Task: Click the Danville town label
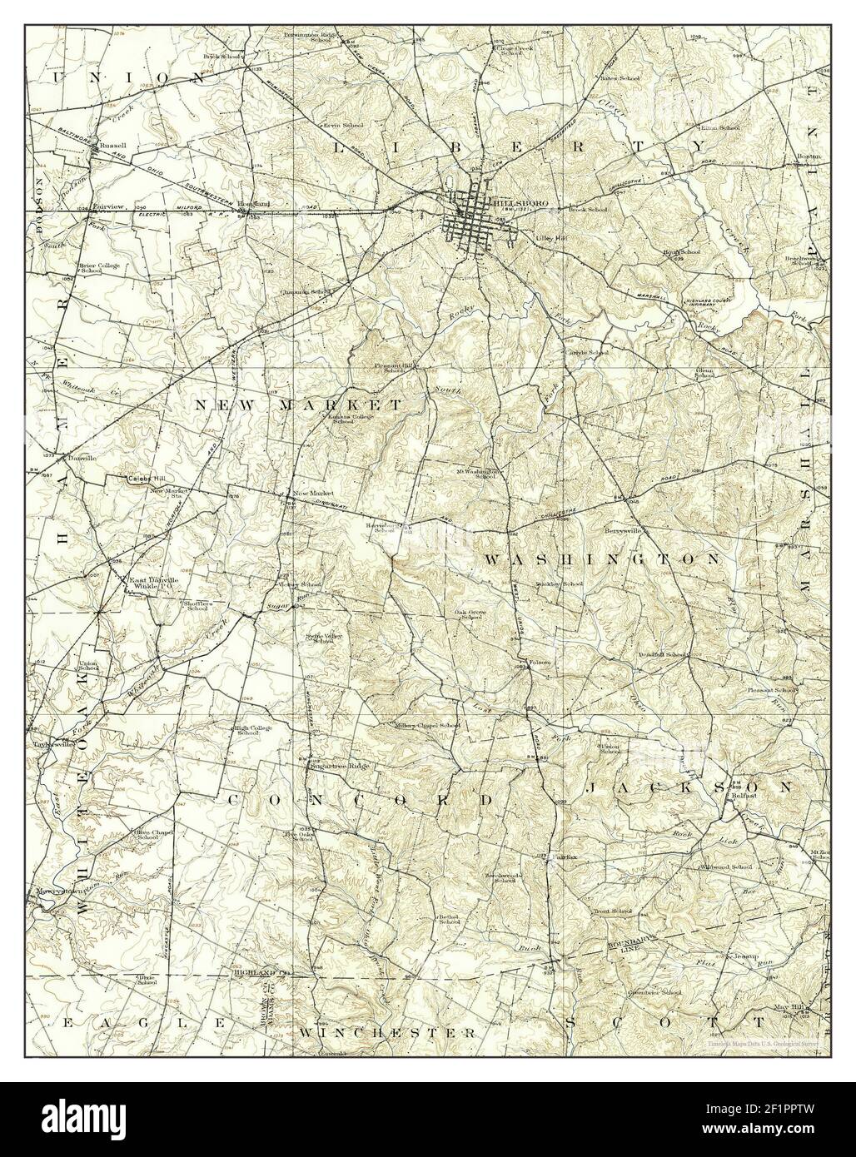82,458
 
